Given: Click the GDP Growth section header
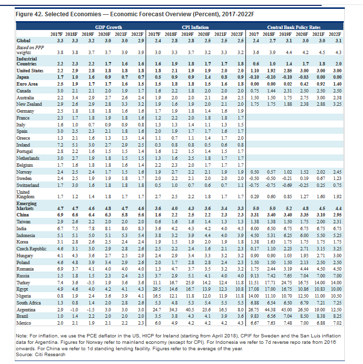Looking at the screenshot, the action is [x=108, y=28].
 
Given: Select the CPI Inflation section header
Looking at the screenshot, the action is [x=195, y=28].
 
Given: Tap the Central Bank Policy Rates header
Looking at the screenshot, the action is [x=294, y=28].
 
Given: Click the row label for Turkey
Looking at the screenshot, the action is [x=23, y=283].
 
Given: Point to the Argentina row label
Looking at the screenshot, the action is [x=26, y=310].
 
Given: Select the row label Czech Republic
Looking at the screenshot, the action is [x=31, y=249].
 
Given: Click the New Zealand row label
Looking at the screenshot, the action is [x=29, y=104].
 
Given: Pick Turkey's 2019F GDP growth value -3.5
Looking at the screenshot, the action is [x=91, y=283].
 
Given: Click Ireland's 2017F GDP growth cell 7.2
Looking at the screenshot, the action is [x=60, y=145].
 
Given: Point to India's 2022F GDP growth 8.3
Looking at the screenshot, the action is [x=141, y=229].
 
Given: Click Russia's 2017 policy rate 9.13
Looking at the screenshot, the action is [x=255, y=276].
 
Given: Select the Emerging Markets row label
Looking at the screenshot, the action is [x=27, y=206].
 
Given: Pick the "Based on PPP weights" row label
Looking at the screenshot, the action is [x=30, y=50].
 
